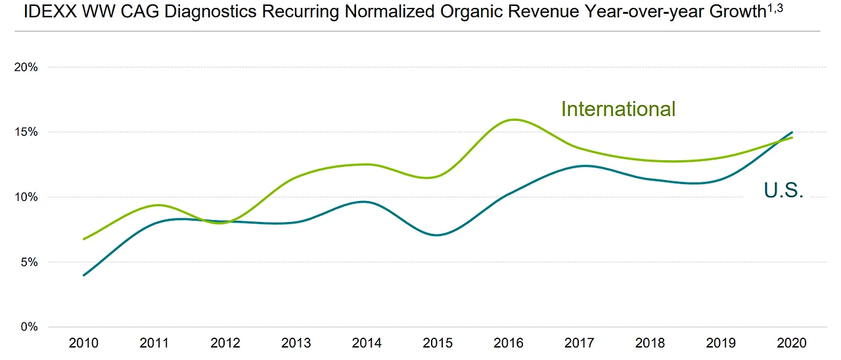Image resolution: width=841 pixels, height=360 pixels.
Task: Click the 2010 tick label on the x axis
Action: (84, 344)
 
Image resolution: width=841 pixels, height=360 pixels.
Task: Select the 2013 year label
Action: (296, 344)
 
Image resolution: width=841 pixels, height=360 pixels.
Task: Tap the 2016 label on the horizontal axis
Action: (508, 344)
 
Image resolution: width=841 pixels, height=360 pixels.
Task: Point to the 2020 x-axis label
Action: (791, 344)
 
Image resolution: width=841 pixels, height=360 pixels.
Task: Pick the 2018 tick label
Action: (650, 344)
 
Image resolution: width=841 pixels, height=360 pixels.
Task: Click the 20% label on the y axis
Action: (26, 67)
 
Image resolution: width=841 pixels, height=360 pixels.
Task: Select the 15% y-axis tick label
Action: (26, 132)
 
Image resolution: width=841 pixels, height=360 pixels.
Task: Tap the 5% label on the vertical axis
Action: (29, 262)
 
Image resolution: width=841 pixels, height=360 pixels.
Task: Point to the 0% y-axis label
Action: (29, 326)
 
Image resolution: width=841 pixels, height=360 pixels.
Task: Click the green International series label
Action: (618, 109)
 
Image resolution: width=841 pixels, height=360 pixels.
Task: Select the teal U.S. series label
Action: (784, 191)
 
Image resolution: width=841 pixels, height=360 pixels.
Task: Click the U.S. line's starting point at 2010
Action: (84, 275)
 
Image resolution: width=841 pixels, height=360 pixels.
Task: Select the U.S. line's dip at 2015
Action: (437, 235)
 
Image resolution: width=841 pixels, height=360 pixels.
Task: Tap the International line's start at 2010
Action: (84, 239)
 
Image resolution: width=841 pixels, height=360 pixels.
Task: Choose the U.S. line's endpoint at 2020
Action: (792, 133)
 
